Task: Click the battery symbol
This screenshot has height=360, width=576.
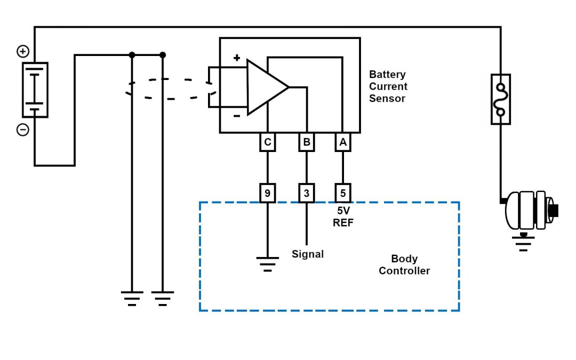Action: [x=35, y=90]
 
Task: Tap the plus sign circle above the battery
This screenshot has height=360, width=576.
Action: [x=23, y=52]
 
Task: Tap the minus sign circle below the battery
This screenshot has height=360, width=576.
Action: [x=23, y=130]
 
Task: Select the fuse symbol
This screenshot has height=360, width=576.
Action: [x=500, y=99]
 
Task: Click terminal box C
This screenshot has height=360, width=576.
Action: [x=268, y=142]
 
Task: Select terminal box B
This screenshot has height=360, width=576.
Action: [x=307, y=142]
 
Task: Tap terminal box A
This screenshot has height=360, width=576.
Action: [x=343, y=142]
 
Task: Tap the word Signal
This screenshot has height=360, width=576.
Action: [x=308, y=254]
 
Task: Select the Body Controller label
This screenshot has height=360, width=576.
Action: [x=404, y=265]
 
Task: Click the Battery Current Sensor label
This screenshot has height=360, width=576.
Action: [x=388, y=86]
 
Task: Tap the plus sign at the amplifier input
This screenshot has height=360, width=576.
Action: [x=237, y=58]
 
